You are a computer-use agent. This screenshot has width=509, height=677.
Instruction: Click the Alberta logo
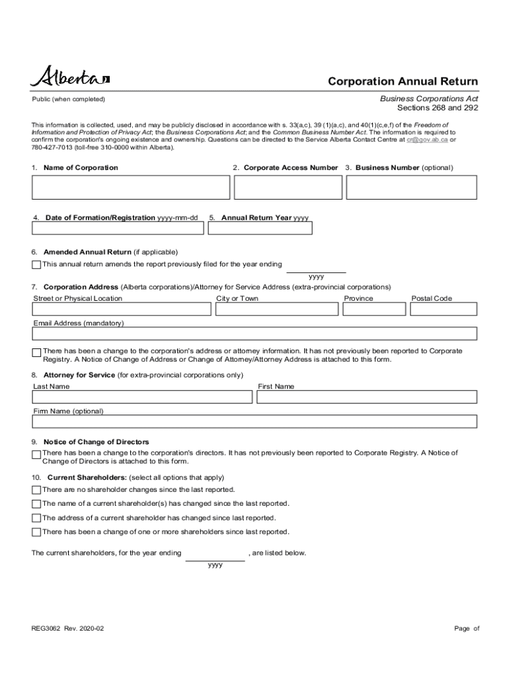pos(69,77)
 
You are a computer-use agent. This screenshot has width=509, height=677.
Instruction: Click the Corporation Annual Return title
pos(403,82)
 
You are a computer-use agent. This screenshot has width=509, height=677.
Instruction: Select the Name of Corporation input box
pos(130,187)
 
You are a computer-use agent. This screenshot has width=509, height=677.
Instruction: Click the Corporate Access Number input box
pos(287,187)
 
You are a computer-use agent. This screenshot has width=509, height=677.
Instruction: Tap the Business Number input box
pos(411,187)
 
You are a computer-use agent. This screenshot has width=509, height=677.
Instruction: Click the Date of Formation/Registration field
pos(118,228)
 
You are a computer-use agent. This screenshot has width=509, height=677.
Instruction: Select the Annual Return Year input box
pos(260,228)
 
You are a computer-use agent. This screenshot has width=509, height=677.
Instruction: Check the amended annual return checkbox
pos(36,265)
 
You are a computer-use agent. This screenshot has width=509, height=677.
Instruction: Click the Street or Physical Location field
pos(122,309)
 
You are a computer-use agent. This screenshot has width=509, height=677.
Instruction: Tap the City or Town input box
pos(277,309)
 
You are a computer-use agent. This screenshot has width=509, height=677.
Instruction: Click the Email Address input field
pos(255,333)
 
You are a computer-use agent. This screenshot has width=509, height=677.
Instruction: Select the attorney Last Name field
pos(142,397)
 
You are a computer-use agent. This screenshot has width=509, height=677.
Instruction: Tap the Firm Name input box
pos(255,421)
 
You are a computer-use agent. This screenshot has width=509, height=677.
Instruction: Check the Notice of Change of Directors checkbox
pos(36,455)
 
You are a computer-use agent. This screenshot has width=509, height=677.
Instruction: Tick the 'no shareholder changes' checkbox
pos(36,490)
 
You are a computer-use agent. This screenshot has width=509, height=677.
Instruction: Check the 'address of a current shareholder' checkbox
pos(36,518)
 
